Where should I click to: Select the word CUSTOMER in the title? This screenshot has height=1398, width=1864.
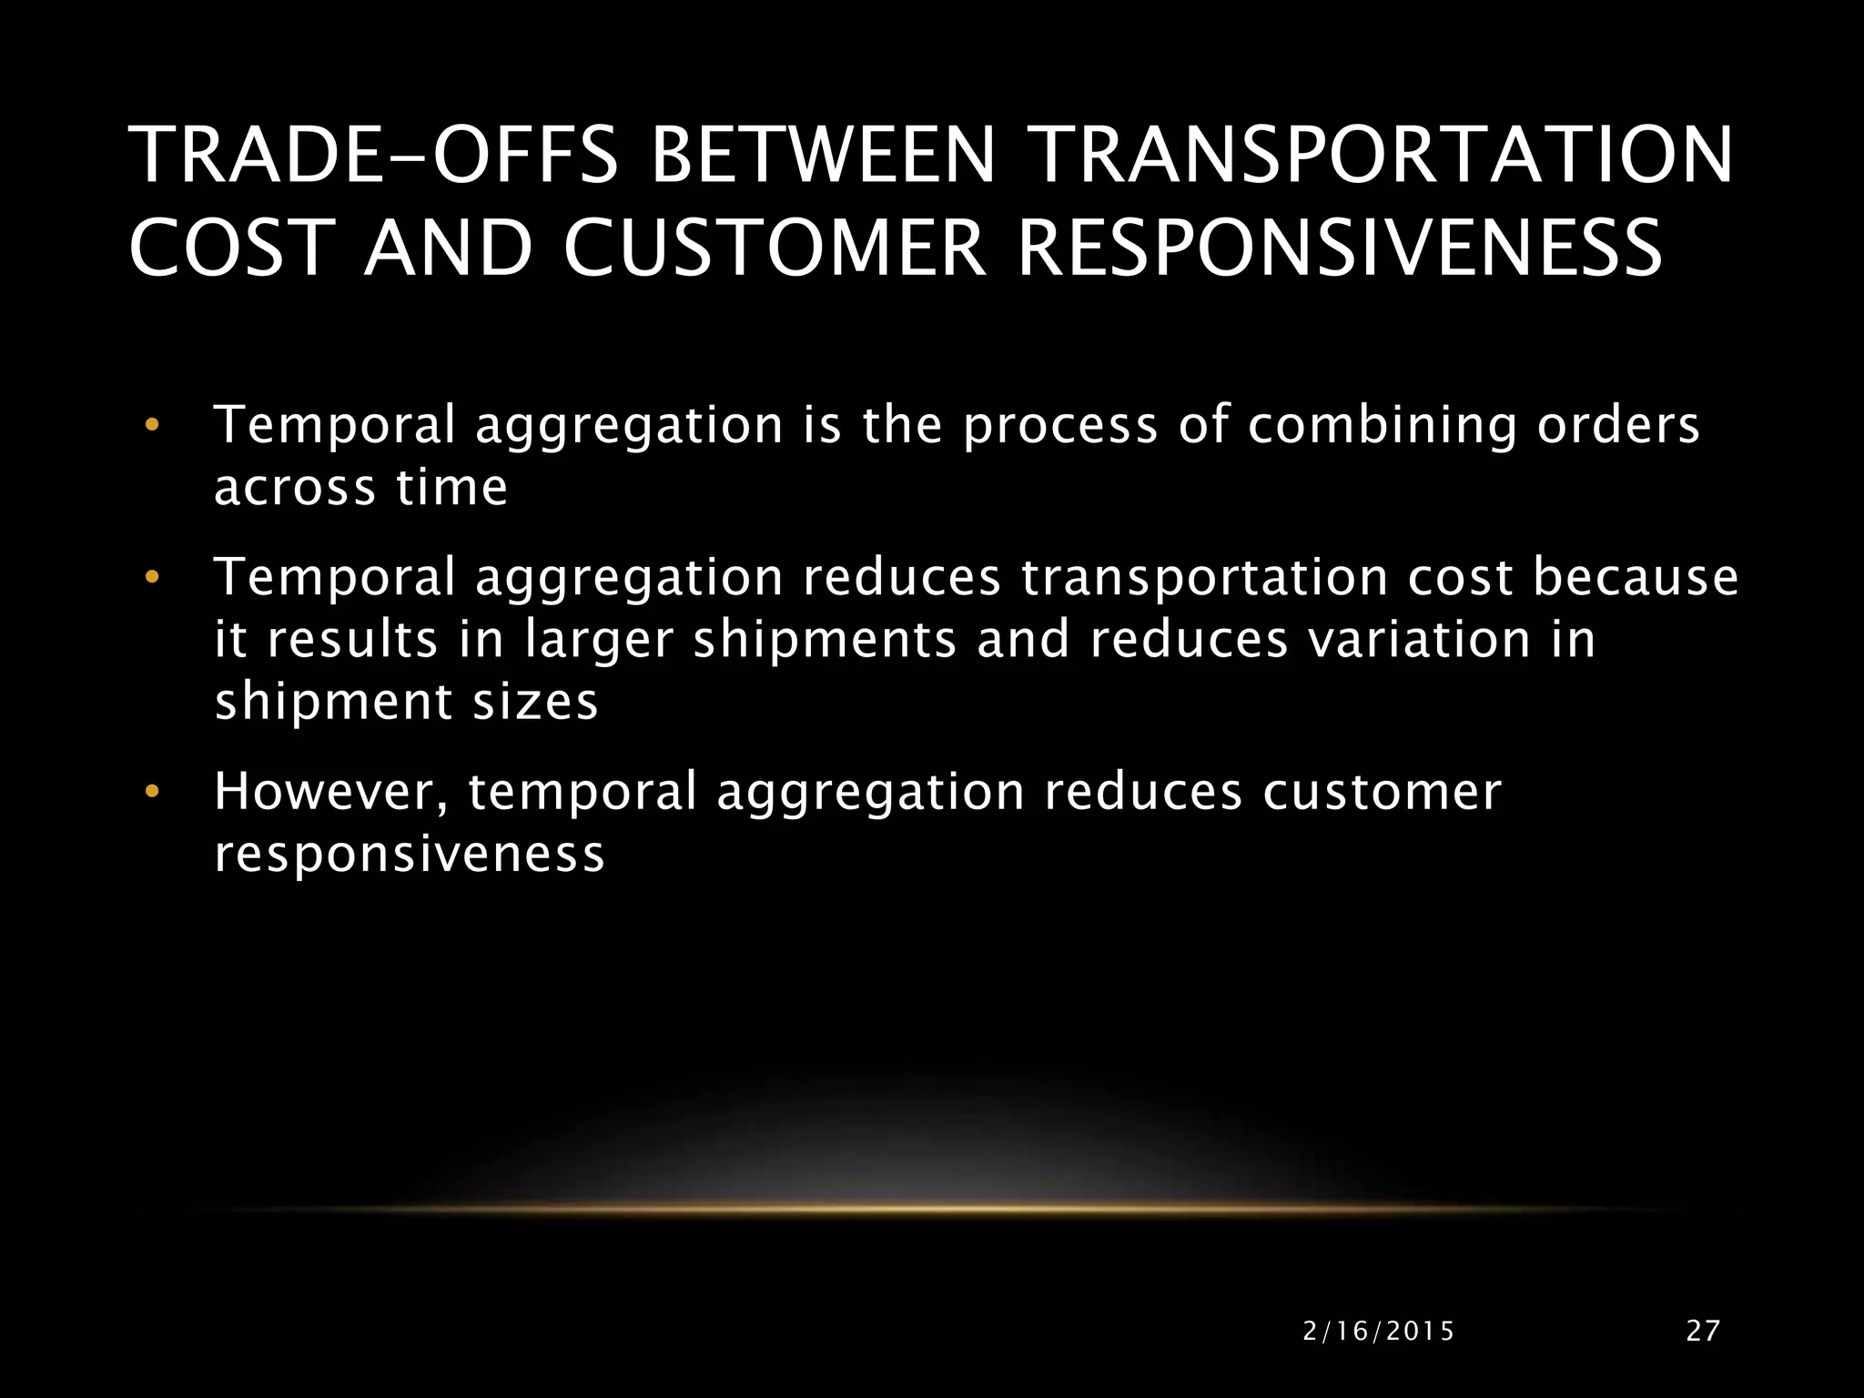774,248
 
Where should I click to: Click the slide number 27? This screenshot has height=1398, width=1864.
1703,1331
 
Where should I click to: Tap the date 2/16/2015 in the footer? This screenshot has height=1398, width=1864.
1379,1332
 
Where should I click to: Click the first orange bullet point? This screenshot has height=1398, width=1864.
152,425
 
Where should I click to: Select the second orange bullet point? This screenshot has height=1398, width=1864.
152,577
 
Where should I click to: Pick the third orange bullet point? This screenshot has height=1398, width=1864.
152,791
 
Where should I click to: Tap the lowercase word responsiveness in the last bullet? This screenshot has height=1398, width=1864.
410,855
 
